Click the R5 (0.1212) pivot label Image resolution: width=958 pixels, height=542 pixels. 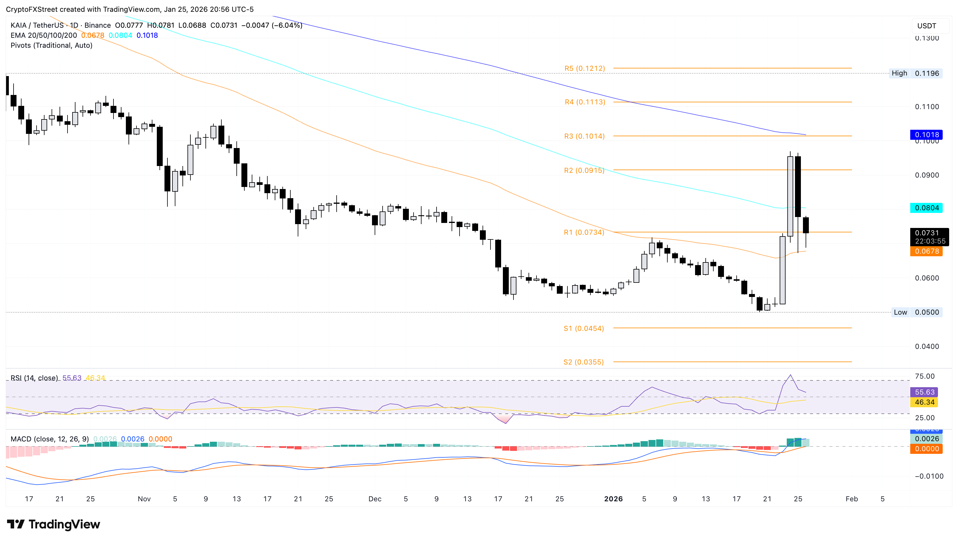click(585, 68)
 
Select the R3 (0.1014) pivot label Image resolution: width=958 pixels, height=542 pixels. click(584, 136)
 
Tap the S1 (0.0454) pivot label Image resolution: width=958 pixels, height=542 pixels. click(583, 328)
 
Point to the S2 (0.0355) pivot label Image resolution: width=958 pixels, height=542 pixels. click(583, 362)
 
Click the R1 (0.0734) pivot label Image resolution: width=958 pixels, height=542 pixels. click(584, 233)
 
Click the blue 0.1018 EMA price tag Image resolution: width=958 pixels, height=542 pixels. click(926, 135)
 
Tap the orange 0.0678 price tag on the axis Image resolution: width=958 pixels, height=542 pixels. click(926, 252)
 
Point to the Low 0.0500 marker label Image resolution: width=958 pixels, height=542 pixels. click(917, 312)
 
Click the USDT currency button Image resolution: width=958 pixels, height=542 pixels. click(926, 26)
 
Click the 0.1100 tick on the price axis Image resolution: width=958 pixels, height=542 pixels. click(927, 107)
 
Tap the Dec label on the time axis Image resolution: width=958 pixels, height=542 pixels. click(375, 499)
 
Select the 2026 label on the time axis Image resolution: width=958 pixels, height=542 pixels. click(613, 499)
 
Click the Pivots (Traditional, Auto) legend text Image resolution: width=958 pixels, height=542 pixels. click(51, 45)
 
